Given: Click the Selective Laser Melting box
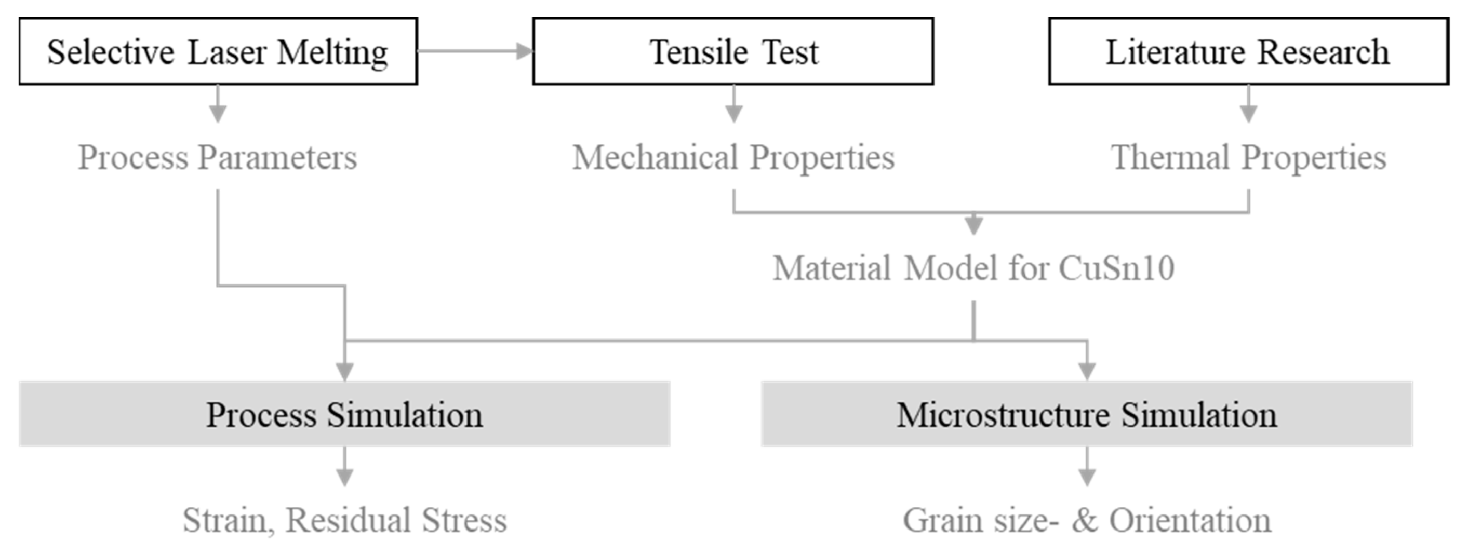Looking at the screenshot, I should click(218, 51).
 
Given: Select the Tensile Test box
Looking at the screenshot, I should click(733, 51).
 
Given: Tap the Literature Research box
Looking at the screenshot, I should click(1248, 51).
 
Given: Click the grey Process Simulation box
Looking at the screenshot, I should click(344, 414).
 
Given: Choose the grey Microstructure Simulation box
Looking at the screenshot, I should click(1086, 414).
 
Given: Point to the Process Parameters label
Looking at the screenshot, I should click(217, 157).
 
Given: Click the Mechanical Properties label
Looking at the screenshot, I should click(733, 157).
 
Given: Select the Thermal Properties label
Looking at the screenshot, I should click(1248, 157).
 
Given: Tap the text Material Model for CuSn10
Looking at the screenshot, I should click(973, 268).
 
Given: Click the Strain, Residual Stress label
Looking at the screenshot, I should click(344, 520).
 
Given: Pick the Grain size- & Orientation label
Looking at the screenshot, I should click(1086, 520).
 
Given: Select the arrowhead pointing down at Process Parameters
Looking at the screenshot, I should click(218, 114).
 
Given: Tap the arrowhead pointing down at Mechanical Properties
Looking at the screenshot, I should click(733, 114).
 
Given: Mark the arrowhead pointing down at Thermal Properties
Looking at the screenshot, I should click(1249, 114).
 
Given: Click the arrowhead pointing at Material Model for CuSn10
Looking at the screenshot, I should click(973, 226).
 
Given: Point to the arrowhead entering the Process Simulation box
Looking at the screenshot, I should click(345, 371).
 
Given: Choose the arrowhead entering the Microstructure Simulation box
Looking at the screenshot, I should click(1087, 371).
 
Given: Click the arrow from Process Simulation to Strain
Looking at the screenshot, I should click(344, 467).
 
